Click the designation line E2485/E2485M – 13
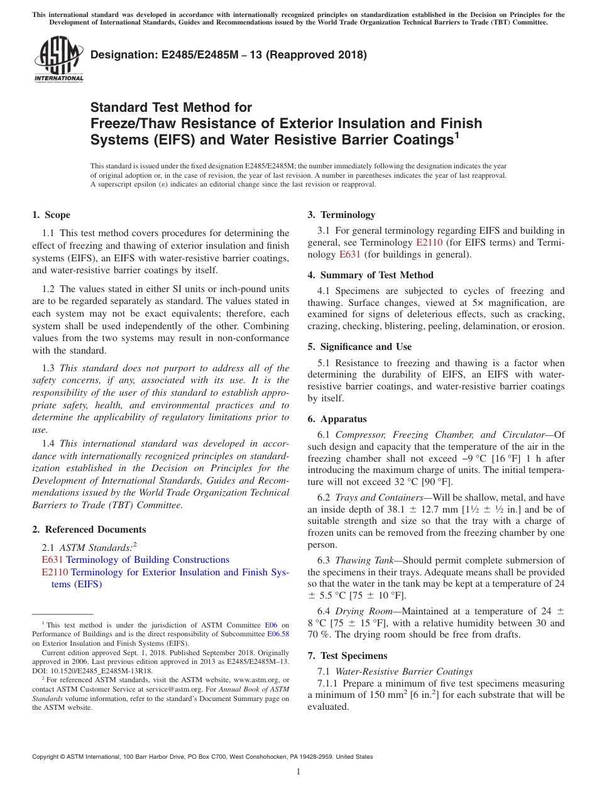click(229, 55)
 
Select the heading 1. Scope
click(51, 215)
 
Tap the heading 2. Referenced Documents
click(89, 530)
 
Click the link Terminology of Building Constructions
click(147, 560)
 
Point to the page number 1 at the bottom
click(298, 772)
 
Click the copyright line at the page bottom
click(202, 757)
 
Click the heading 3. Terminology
click(341, 215)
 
